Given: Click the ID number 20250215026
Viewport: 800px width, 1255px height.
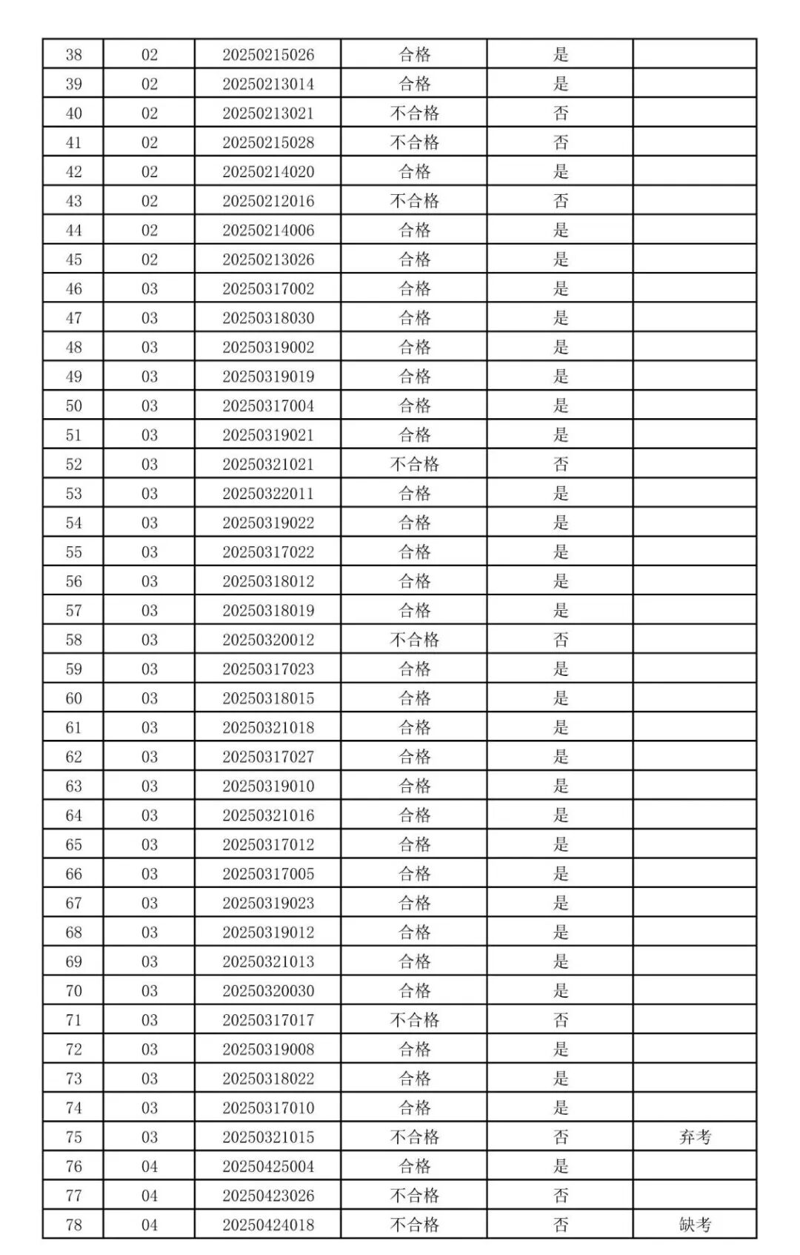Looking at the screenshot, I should (268, 55).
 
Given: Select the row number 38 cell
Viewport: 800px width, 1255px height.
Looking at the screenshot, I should (73, 55).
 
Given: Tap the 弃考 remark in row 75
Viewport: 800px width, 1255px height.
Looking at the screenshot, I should (695, 1137).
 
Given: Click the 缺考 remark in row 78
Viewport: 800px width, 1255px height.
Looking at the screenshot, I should (695, 1225).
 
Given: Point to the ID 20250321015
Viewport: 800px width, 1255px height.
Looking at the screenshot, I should (268, 1137).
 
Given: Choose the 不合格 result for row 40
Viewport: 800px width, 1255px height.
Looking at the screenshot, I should (414, 113).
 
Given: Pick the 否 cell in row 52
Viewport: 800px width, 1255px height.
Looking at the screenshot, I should (561, 465).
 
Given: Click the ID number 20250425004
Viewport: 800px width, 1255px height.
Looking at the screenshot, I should (268, 1167).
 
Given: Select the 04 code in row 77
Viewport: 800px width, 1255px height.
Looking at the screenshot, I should (150, 1196).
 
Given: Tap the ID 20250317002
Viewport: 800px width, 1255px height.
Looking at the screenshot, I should (268, 289).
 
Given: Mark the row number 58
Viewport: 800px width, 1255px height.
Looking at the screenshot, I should (73, 640).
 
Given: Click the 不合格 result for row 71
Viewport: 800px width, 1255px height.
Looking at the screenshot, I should (414, 1020).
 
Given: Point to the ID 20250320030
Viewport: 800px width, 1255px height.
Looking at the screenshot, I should (268, 991).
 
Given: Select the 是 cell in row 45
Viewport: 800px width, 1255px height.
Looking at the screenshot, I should (561, 259).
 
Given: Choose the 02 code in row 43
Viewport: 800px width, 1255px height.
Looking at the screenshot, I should (150, 201).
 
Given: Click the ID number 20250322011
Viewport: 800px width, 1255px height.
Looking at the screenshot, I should (268, 494).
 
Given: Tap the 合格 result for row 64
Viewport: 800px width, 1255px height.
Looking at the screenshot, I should (414, 815).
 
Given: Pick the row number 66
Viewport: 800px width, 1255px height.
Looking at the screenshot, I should (73, 874).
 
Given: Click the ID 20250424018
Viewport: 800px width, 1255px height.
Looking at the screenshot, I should (268, 1225).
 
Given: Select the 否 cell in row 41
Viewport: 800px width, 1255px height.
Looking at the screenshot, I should (561, 142).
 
